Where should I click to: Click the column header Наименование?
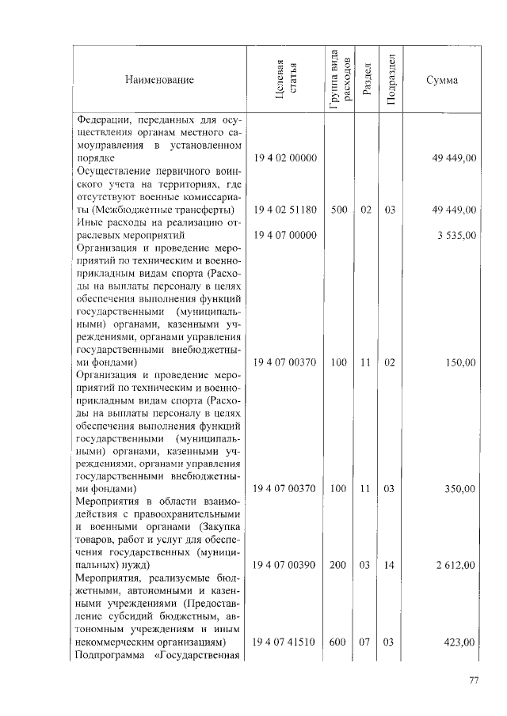(x=158, y=80)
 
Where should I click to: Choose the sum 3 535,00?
(x=456, y=235)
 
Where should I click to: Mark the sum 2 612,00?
(x=456, y=566)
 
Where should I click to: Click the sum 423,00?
(x=459, y=642)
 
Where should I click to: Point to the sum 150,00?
(x=459, y=362)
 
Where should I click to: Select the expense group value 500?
(x=339, y=210)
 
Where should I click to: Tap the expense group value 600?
(x=339, y=642)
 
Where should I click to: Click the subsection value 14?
(x=389, y=566)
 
